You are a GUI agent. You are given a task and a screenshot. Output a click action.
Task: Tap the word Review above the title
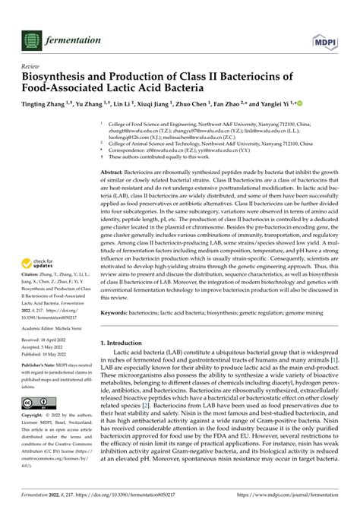[30, 65]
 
